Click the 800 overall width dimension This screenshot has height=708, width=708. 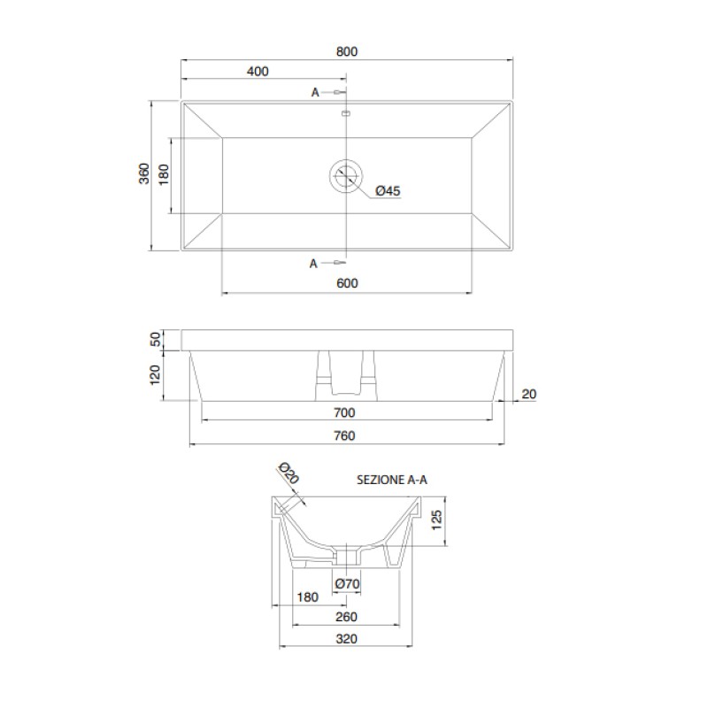[346, 51]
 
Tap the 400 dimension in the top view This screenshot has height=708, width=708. [258, 72]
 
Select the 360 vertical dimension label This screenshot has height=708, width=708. [143, 173]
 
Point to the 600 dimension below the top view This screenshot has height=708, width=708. [347, 283]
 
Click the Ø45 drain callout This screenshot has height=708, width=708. [388, 191]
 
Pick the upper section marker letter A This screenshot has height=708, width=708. [315, 93]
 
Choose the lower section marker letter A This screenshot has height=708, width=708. [313, 264]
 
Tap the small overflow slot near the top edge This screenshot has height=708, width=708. [346, 113]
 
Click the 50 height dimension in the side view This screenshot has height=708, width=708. [156, 339]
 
